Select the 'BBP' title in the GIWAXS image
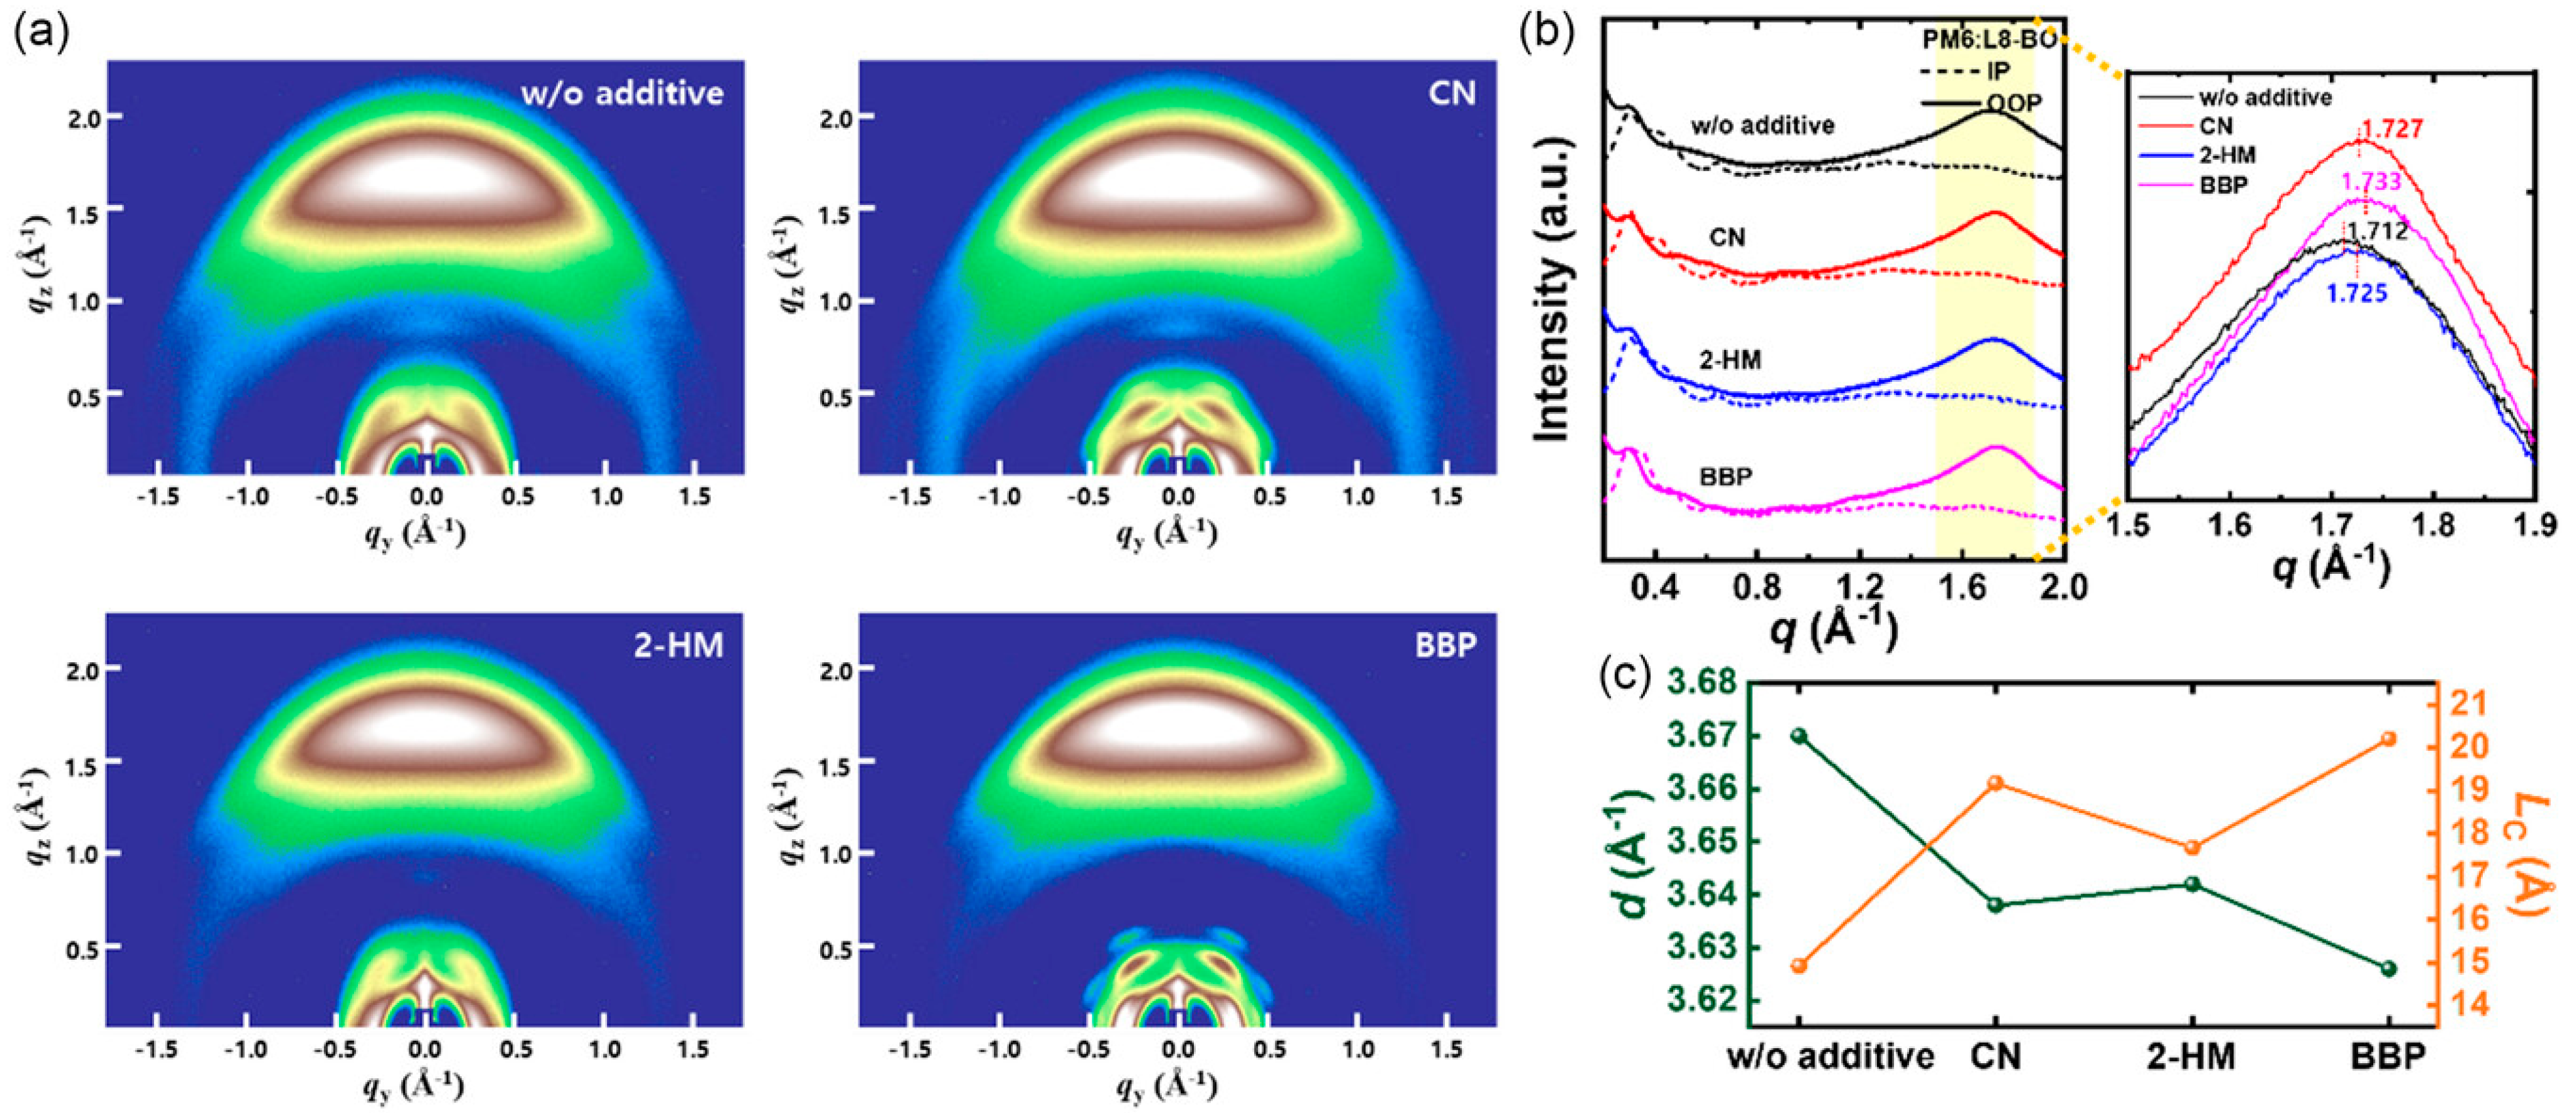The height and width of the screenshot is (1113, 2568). [x=1446, y=647]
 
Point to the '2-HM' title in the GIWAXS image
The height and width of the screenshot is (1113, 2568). [x=679, y=647]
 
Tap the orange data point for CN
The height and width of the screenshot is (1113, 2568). [x=1996, y=783]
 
